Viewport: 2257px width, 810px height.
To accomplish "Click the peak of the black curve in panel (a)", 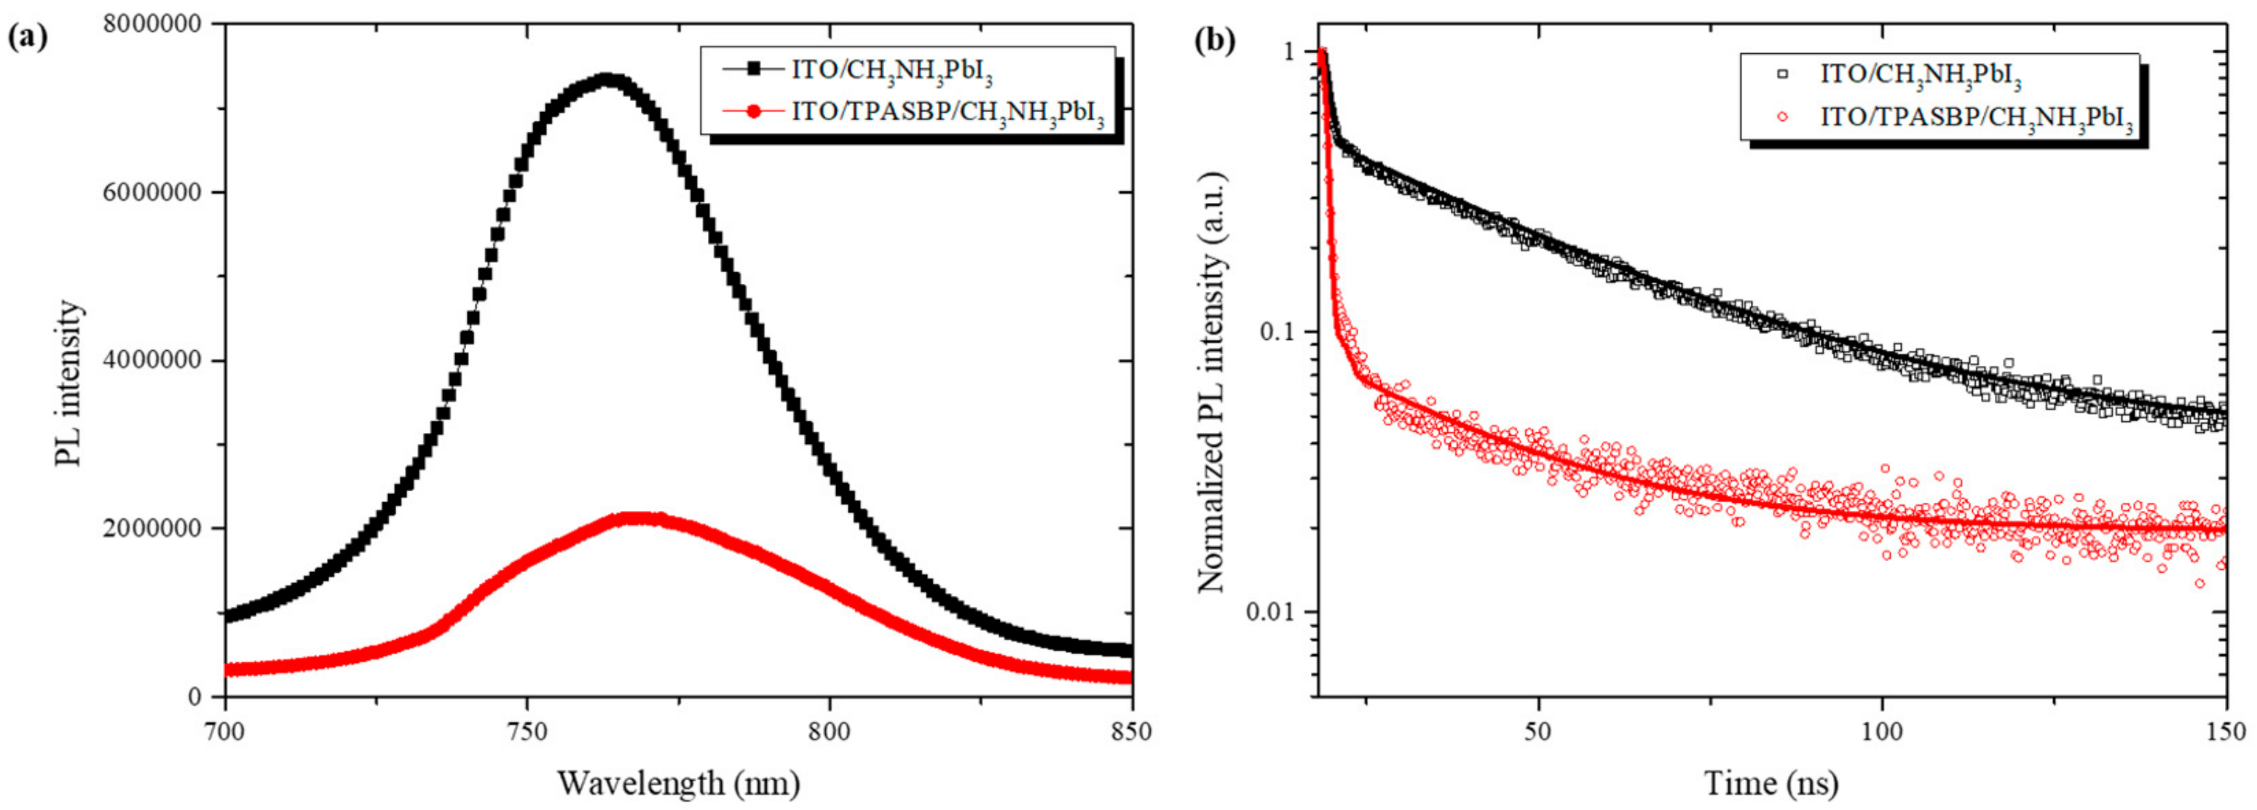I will pyautogui.click(x=610, y=81).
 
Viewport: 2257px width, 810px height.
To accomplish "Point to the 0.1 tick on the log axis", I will pyautogui.click(x=1276, y=332).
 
